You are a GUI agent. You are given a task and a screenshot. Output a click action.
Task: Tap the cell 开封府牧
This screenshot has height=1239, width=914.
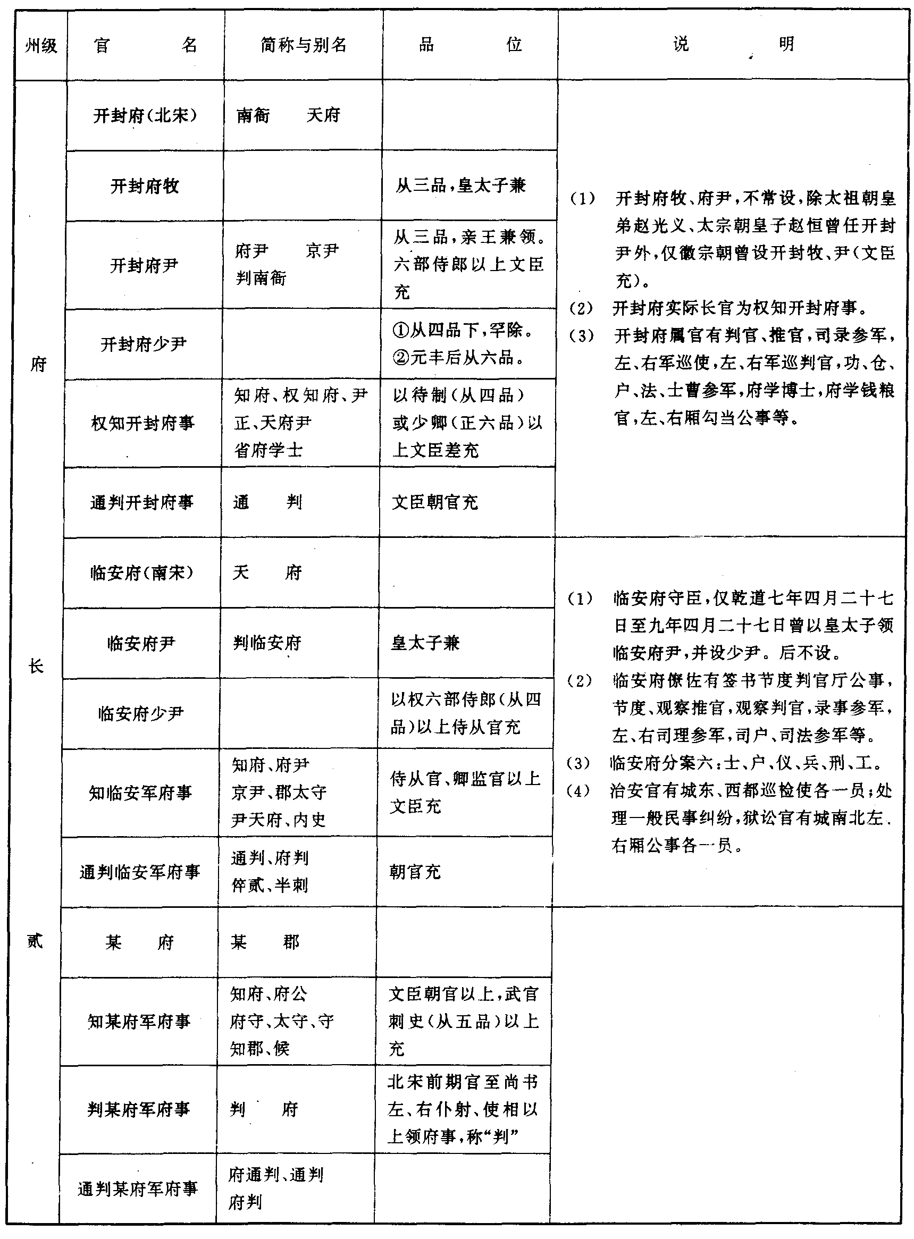145,187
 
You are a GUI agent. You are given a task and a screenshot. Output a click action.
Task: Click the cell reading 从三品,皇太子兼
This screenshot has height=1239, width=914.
460,186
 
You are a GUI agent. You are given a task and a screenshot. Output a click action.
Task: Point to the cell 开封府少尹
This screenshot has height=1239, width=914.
144,344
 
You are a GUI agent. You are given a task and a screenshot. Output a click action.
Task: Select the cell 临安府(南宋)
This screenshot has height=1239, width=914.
141,573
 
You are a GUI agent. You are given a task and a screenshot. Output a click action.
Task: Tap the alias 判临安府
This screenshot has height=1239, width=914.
267,643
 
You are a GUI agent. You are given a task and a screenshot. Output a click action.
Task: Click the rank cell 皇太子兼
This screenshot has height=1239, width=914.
425,643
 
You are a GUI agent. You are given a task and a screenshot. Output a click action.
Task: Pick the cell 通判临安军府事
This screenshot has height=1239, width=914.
139,872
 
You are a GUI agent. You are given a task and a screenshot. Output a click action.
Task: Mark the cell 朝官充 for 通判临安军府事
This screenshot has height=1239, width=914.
415,872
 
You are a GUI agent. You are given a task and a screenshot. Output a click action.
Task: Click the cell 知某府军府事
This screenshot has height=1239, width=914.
138,1021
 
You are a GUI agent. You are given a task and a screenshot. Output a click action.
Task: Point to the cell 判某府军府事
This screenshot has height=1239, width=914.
138,1109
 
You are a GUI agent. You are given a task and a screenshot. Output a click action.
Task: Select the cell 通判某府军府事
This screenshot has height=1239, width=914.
137,1189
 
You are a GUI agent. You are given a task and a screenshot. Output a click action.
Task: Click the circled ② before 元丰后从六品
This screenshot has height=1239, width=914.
400,358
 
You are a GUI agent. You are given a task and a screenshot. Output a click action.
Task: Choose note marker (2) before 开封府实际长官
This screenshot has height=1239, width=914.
582,309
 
